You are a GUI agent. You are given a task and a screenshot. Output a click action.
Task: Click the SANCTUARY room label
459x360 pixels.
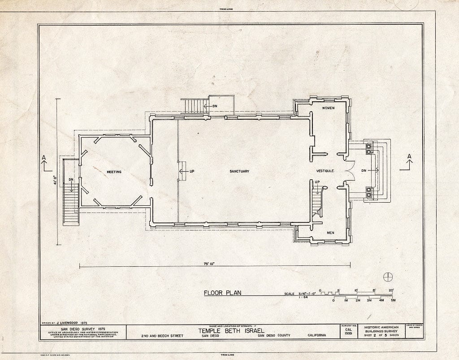tap(239, 171)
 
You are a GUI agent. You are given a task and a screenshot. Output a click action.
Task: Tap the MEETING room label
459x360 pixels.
tap(114, 172)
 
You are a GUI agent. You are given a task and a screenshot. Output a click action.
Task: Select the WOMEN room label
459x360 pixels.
tap(329, 108)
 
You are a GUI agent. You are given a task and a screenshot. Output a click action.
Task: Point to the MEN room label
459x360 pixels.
tap(330, 233)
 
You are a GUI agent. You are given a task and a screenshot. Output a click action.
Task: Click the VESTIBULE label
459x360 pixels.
tap(326, 171)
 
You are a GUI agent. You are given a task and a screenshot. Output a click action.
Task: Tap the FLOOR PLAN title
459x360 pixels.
tap(222, 293)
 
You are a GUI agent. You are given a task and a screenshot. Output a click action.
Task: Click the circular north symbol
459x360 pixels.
tap(388, 277)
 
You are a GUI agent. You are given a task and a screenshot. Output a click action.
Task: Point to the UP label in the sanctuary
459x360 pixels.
tap(191, 171)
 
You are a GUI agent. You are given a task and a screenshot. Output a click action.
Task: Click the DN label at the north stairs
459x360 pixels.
tap(214, 106)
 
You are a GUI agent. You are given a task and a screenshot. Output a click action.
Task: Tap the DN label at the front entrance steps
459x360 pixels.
tap(364, 170)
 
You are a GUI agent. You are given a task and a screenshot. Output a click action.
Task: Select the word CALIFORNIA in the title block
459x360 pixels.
tap(317, 335)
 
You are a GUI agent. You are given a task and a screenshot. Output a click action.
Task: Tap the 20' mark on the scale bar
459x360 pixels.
tap(391, 290)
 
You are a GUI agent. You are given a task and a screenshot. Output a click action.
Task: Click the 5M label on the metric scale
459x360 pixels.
tap(393, 300)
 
